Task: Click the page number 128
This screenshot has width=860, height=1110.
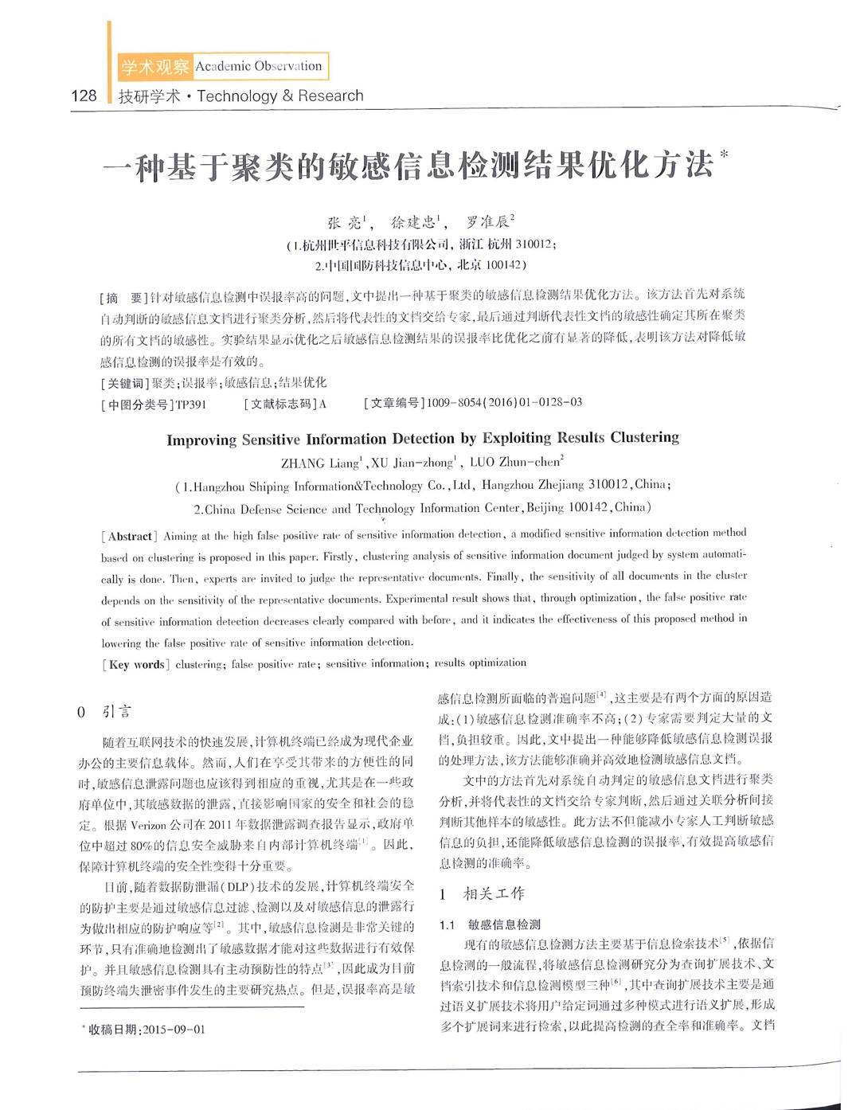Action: pos(84,96)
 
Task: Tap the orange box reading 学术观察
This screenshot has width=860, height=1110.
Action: pos(154,67)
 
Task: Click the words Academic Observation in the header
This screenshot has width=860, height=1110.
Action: pos(259,66)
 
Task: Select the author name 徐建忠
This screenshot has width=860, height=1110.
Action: pos(413,222)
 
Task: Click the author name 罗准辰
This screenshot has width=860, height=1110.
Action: pos(487,221)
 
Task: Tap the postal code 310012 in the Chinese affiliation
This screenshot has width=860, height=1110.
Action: pos(535,244)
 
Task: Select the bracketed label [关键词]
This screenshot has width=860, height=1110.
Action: pos(125,383)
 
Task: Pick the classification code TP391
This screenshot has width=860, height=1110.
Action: pos(191,405)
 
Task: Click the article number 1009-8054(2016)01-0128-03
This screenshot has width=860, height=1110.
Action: pos(504,402)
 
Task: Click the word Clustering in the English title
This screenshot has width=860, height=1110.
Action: pos(645,437)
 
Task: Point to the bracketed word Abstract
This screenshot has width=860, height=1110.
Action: pos(129,537)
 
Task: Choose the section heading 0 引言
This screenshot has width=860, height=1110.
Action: pos(104,712)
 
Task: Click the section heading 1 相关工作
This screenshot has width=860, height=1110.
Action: pos(483,894)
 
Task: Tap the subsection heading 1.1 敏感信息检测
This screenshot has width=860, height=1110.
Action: pos(491,924)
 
